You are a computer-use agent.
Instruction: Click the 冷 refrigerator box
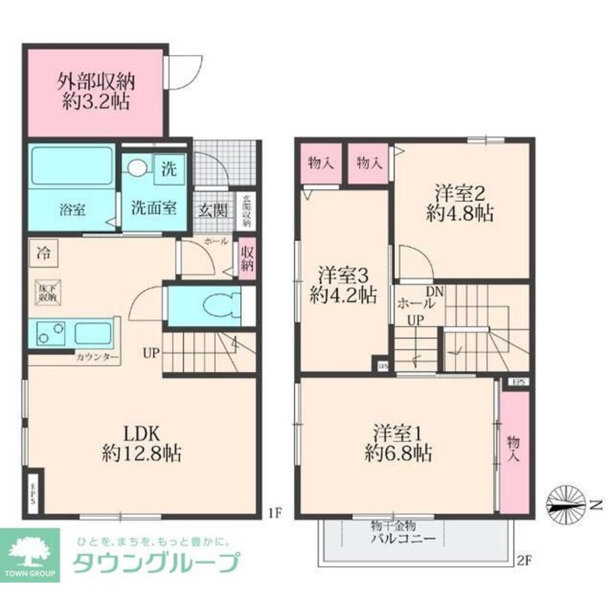[44, 251]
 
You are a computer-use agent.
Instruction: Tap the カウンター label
[97, 356]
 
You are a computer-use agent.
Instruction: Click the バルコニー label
[403, 540]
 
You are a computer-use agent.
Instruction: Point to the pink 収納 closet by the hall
[247, 262]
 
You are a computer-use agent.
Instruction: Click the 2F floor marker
[523, 559]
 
